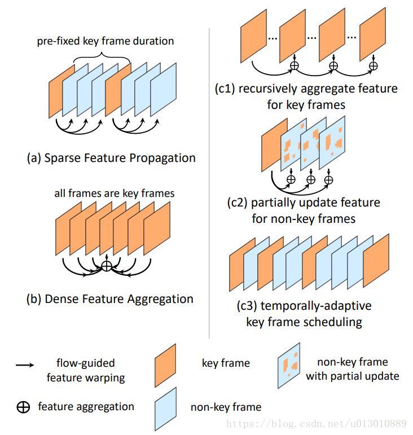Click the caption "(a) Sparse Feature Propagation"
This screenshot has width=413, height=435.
111,158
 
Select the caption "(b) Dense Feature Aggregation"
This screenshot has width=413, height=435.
110,299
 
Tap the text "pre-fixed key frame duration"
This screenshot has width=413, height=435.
106,41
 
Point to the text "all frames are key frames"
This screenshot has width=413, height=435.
115,193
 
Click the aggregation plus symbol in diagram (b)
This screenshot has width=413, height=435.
107,266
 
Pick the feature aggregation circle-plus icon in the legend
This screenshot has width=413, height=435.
23,407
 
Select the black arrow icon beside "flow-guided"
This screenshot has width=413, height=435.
24,365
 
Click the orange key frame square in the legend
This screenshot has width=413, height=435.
165,366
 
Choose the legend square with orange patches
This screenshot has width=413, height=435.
289,366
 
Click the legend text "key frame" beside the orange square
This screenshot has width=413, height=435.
225,363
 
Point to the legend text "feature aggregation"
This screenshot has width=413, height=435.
86,406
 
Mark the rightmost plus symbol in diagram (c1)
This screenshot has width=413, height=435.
372,66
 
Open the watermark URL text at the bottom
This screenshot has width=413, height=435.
315,423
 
